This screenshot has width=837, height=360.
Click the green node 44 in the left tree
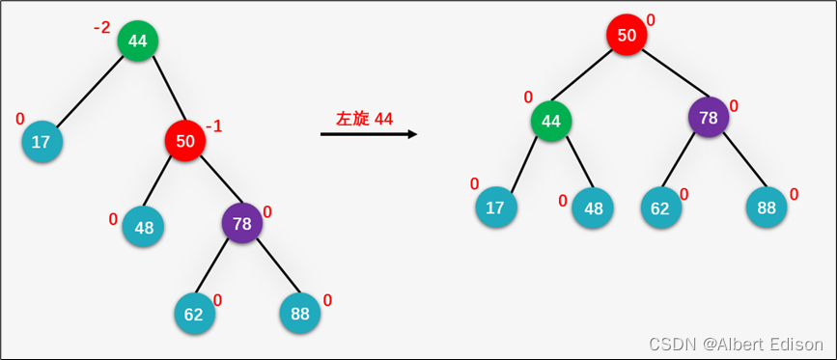(138, 41)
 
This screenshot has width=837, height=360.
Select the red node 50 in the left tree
(185, 141)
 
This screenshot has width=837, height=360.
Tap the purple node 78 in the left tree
(241, 223)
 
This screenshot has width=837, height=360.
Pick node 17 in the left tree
(42, 142)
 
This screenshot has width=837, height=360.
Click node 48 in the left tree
(144, 228)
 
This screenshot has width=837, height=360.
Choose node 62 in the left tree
(194, 314)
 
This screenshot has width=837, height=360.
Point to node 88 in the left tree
(299, 314)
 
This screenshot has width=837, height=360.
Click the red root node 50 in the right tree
(627, 36)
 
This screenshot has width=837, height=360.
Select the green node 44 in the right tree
(551, 121)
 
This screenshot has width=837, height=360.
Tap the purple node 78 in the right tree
(709, 118)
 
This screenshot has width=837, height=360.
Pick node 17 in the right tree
(495, 207)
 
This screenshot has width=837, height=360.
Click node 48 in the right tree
(593, 208)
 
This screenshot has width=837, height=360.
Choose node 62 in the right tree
(661, 208)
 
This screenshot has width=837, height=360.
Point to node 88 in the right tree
(767, 208)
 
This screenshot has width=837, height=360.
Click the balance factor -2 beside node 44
(102, 28)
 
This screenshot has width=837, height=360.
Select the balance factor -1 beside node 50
(213, 126)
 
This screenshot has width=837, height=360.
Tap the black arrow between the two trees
(368, 134)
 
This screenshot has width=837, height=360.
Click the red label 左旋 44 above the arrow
(364, 119)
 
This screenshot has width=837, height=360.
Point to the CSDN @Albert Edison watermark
(736, 345)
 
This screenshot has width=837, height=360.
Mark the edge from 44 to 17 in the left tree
(90, 92)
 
